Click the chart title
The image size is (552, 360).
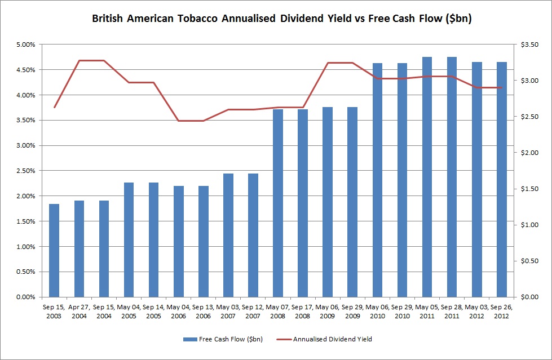(x=281, y=19)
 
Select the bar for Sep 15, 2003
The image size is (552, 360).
(x=54, y=250)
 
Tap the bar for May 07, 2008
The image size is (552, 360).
(x=278, y=203)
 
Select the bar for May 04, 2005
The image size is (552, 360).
(x=129, y=239)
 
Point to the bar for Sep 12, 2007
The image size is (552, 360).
(x=253, y=235)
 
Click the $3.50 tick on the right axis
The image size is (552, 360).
(x=531, y=45)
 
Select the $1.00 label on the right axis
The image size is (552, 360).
(x=531, y=225)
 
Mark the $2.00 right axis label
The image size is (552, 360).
(x=531, y=153)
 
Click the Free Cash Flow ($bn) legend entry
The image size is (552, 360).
(x=223, y=339)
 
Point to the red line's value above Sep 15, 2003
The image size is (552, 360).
(x=54, y=107)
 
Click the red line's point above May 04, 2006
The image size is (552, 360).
(x=179, y=121)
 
